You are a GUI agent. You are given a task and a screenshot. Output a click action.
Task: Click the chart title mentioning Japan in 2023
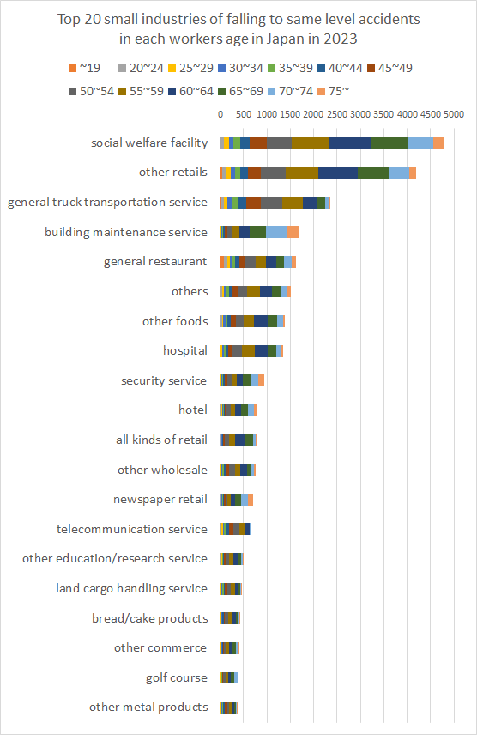click(x=238, y=28)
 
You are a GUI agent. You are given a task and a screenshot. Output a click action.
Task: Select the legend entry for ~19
click(x=86, y=67)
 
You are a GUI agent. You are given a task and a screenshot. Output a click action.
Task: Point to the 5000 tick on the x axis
click(x=453, y=113)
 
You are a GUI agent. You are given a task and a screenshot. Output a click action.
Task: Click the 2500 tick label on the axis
click(x=337, y=113)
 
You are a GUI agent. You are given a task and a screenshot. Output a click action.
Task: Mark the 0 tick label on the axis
click(x=220, y=113)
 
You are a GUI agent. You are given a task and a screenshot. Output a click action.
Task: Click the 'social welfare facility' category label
click(x=148, y=143)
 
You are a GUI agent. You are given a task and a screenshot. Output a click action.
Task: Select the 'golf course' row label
click(x=176, y=677)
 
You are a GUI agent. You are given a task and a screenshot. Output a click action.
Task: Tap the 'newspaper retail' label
click(x=160, y=499)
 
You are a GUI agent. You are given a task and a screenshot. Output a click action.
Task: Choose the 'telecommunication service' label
click(x=131, y=529)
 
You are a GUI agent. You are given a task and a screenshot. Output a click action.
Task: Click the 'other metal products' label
click(x=148, y=707)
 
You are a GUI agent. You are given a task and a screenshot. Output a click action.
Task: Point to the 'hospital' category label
click(x=184, y=350)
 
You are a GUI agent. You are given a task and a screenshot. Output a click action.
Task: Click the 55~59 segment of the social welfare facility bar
click(x=310, y=143)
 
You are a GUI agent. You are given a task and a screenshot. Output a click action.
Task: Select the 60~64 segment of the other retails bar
click(x=337, y=173)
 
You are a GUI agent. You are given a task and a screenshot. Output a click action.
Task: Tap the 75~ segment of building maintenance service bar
click(x=293, y=232)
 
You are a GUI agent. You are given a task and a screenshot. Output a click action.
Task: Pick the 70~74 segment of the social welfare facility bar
click(x=420, y=143)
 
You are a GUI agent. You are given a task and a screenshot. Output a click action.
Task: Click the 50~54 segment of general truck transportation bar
click(x=271, y=202)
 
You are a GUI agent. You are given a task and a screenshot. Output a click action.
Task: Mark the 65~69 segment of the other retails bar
click(x=373, y=173)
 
